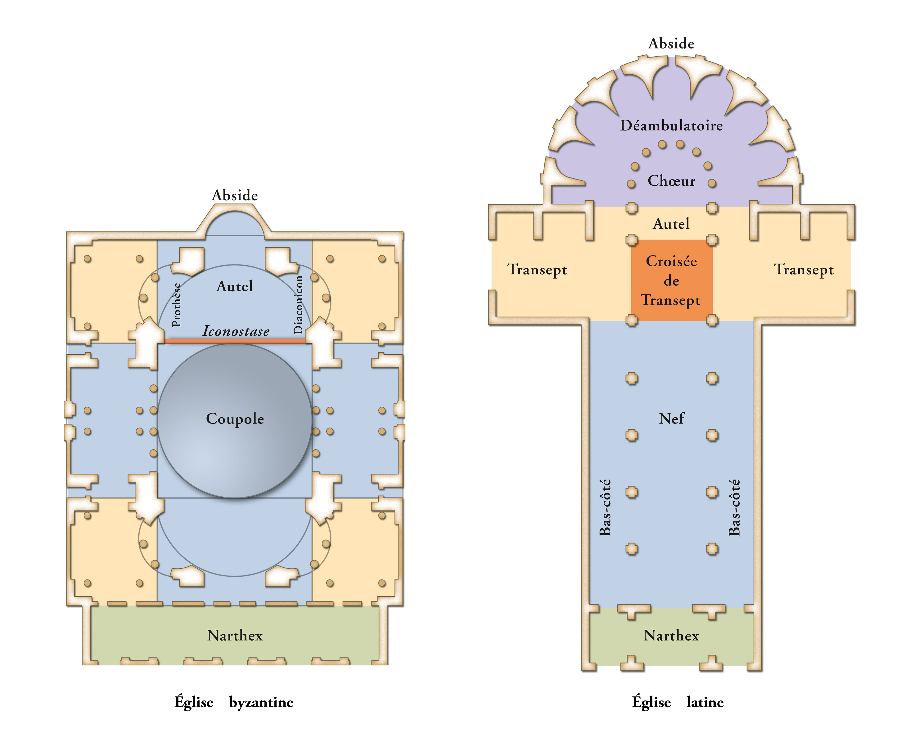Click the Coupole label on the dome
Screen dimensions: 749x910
coord(235,419)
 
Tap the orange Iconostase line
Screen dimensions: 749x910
coord(235,341)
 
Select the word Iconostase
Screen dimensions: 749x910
coord(236,331)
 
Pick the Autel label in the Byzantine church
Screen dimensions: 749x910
coord(235,286)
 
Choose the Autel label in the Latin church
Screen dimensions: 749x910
coord(671,223)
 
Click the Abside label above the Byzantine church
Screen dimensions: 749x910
coord(235,196)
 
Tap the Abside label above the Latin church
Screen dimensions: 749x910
coord(671,44)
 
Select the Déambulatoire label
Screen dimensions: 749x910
coord(671,125)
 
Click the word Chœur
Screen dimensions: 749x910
coord(671,180)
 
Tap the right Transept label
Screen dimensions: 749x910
coord(804,270)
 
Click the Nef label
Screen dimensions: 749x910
coord(671,418)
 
